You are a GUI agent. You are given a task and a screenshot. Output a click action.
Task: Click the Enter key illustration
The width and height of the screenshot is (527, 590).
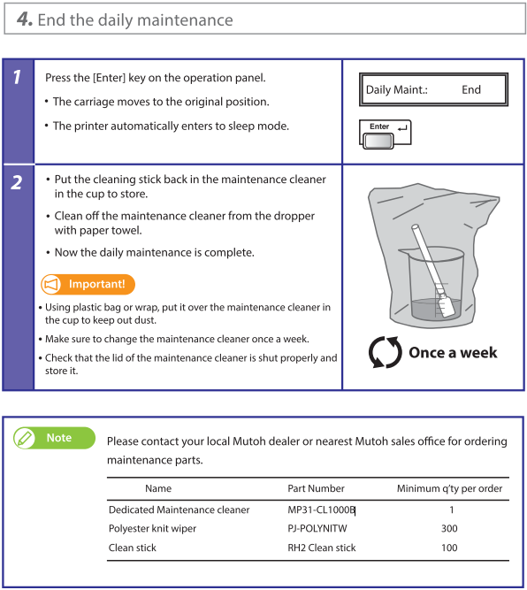pyautogui.click(x=385, y=134)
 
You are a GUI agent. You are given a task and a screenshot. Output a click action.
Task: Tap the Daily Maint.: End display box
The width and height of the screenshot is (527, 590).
pyautogui.click(x=433, y=89)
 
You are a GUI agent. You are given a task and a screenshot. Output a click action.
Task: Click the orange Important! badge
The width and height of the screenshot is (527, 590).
pyautogui.click(x=88, y=284)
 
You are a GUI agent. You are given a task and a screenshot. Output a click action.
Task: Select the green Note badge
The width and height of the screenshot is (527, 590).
pyautogui.click(x=54, y=438)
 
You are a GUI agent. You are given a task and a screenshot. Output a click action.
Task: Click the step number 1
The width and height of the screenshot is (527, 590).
pyautogui.click(x=17, y=77)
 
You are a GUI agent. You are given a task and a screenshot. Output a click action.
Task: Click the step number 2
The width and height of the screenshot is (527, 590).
pyautogui.click(x=17, y=182)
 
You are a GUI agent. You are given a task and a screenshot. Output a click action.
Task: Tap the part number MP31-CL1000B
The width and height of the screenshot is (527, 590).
pyautogui.click(x=321, y=510)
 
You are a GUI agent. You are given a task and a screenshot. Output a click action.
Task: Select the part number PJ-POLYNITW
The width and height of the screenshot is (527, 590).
pyautogui.click(x=317, y=529)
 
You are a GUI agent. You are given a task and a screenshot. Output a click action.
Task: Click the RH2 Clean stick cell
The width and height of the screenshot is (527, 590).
pyautogui.click(x=322, y=548)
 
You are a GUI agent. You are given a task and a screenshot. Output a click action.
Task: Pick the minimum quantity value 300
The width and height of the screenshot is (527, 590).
pyautogui.click(x=449, y=529)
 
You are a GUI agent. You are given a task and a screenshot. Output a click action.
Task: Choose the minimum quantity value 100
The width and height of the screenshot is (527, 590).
pyautogui.click(x=449, y=548)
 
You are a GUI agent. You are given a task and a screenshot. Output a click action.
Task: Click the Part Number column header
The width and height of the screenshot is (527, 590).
pyautogui.click(x=316, y=488)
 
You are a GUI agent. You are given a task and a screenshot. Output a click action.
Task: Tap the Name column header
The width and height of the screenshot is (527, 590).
pyautogui.click(x=158, y=488)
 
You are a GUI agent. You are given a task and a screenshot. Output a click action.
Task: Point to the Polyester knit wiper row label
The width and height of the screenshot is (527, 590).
pyautogui.click(x=152, y=529)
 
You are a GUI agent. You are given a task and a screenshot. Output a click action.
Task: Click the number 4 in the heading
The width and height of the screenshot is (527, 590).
pyautogui.click(x=23, y=19)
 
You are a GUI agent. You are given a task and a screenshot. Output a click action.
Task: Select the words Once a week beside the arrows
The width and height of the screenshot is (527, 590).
pyautogui.click(x=453, y=353)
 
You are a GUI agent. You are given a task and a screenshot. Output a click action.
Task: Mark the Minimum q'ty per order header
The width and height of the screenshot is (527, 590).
pyautogui.click(x=449, y=488)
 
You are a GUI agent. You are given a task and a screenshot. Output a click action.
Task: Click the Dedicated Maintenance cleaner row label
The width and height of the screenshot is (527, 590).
pyautogui.click(x=179, y=510)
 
